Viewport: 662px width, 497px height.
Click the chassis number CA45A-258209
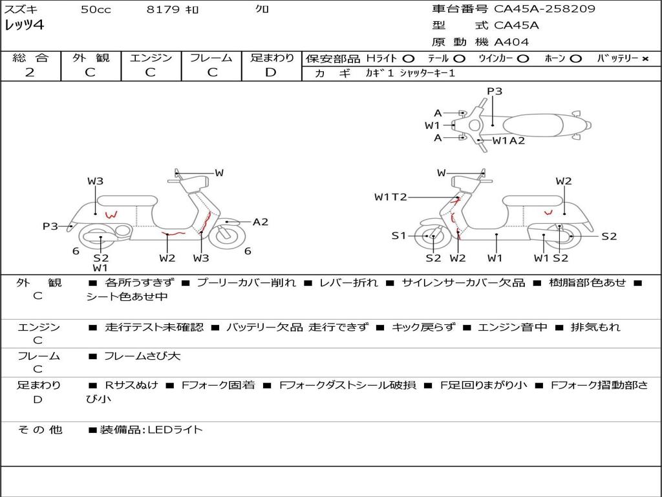pyautogui.click(x=544, y=9)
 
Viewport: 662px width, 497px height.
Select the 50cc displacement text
pyautogui.click(x=96, y=10)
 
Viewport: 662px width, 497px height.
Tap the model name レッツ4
pyautogui.click(x=25, y=26)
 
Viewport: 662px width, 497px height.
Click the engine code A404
pyautogui.click(x=511, y=42)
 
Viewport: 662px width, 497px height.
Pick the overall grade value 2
pyautogui.click(x=30, y=72)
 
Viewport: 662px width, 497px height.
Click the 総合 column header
pyautogui.click(x=30, y=58)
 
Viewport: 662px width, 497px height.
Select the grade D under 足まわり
pyautogui.click(x=271, y=72)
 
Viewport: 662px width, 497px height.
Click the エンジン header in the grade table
pyautogui.click(x=151, y=58)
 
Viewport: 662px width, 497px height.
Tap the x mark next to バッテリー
pyautogui.click(x=645, y=59)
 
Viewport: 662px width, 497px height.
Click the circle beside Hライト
pyautogui.click(x=409, y=59)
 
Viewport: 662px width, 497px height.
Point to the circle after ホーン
pyautogui.click(x=575, y=59)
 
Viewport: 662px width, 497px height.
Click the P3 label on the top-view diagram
pyautogui.click(x=495, y=91)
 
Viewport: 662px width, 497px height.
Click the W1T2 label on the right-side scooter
pyautogui.click(x=390, y=197)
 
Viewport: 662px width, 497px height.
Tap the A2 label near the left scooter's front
pyautogui.click(x=260, y=222)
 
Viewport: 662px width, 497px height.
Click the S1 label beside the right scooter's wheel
pyautogui.click(x=399, y=236)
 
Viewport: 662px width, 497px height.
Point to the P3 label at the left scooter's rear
pyautogui.click(x=50, y=226)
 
